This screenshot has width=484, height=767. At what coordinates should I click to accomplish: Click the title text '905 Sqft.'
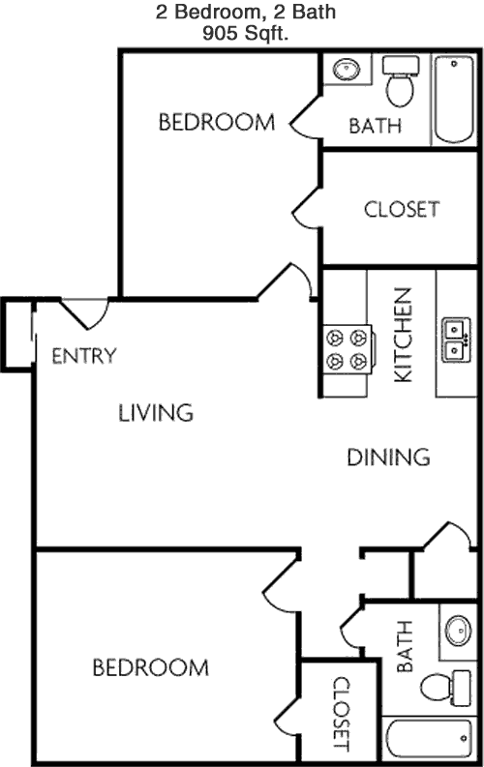245,33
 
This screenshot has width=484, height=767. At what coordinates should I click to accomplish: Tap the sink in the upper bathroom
347,70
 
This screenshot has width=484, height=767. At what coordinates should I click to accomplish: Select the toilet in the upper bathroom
401,81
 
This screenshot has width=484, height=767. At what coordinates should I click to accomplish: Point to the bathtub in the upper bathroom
454,100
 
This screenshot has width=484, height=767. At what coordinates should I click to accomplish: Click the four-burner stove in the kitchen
348,350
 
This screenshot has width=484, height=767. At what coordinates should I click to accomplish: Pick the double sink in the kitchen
456,339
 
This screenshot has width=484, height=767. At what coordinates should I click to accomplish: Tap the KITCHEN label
404,335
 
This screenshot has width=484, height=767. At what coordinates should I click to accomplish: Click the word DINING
388,457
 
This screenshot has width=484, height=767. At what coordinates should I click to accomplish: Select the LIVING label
156,413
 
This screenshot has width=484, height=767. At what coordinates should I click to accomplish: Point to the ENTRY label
84,356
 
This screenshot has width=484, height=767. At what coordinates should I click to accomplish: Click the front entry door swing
84,313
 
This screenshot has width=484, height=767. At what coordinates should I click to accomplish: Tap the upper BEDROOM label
216,122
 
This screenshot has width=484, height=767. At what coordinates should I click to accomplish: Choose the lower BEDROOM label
151,667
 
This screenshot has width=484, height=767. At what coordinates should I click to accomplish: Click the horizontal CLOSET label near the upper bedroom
402,209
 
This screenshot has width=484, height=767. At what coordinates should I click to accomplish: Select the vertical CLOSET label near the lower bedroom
341,714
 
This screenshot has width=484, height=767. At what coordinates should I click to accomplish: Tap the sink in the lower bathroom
459,631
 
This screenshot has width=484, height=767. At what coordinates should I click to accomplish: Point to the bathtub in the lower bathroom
430,739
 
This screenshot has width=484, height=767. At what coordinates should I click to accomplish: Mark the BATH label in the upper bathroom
375,126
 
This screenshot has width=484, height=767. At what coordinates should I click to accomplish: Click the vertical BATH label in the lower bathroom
405,646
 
